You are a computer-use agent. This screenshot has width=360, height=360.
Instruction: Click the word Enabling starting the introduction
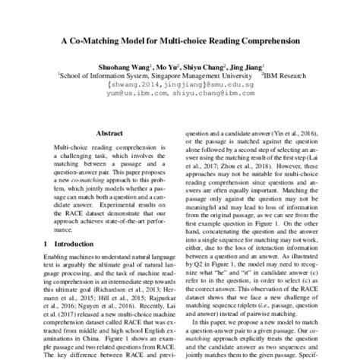[57, 261]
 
